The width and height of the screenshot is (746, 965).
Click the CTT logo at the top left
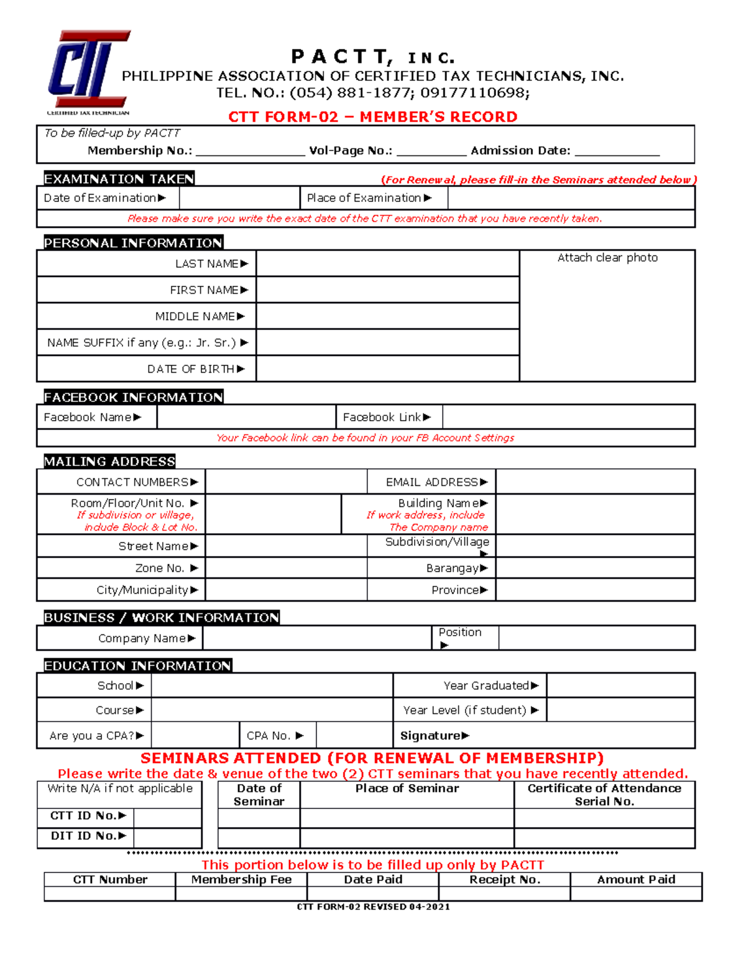(88, 71)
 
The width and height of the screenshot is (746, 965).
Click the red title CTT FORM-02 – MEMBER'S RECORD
(372, 117)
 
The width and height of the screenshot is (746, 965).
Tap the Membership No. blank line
(250, 151)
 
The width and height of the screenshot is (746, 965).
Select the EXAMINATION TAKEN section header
(119, 179)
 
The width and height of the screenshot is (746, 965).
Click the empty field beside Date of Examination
(239, 198)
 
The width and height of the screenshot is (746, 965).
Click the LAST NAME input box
(387, 264)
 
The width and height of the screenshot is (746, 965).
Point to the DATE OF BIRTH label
(191, 369)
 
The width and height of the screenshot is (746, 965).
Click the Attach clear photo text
(607, 258)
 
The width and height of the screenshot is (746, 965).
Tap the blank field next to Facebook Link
(568, 418)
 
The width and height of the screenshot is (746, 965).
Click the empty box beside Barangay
(595, 568)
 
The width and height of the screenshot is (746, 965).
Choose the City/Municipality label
(142, 590)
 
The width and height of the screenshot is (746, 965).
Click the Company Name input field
(317, 638)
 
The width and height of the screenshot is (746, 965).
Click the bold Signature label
(430, 736)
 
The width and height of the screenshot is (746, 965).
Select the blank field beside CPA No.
(354, 736)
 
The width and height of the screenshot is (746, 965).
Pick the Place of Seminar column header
(407, 789)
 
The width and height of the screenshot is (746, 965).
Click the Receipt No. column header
(504, 879)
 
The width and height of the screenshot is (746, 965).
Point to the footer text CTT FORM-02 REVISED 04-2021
(373, 907)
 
